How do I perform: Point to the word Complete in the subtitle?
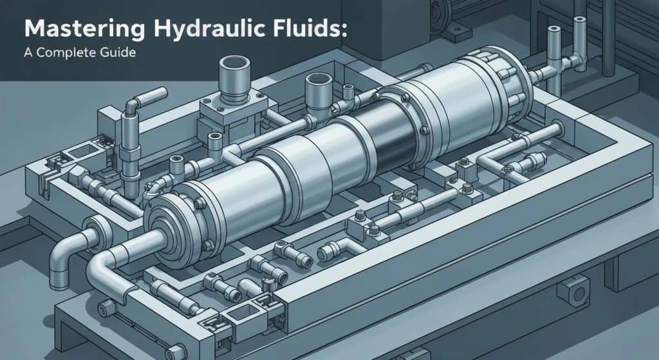pyautogui.click(x=70, y=53)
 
